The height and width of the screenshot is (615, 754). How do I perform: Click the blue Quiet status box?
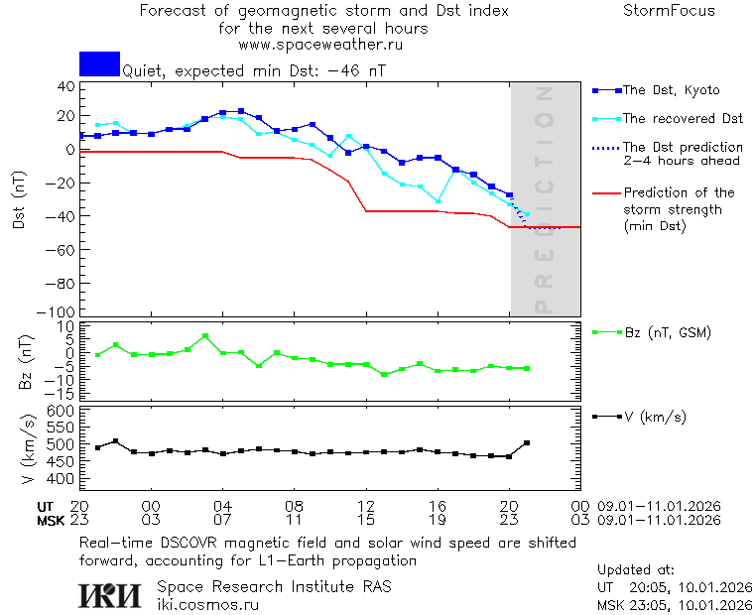[x=99, y=64]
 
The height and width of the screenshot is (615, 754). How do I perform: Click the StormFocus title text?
[x=669, y=11]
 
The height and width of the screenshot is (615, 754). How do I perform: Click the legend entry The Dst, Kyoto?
[x=671, y=90]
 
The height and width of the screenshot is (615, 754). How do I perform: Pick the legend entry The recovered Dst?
[x=683, y=118]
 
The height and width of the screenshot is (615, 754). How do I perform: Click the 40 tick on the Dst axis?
[x=66, y=86]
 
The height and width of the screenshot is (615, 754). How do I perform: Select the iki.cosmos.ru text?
[x=208, y=603]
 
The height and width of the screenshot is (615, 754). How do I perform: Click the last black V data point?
[x=527, y=443]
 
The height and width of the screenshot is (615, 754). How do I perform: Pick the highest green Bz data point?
[x=204, y=336]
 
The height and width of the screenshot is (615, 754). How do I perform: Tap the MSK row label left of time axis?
[x=50, y=519]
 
